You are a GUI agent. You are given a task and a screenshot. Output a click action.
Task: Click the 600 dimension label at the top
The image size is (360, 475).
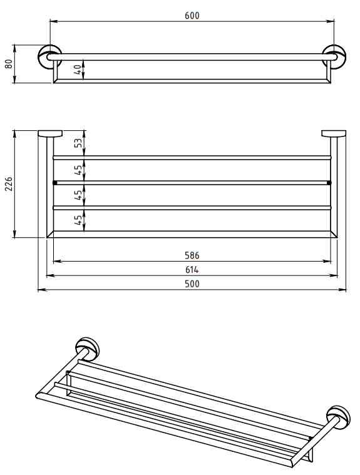pyautogui.click(x=192, y=15)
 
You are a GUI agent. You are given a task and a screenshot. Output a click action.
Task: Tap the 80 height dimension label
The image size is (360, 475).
pyautogui.click(x=9, y=64)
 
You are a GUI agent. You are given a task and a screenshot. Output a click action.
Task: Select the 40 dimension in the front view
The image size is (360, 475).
pyautogui.click(x=77, y=69)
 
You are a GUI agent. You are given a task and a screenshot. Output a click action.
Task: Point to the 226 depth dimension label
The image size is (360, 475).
pyautogui.click(x=9, y=184)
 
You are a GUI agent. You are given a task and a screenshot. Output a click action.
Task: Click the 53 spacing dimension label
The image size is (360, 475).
pyautogui.click(x=78, y=143)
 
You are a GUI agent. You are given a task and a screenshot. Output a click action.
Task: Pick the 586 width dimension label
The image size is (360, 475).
pyautogui.click(x=192, y=255)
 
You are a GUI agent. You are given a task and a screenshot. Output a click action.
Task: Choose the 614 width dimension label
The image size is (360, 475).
pyautogui.click(x=192, y=270)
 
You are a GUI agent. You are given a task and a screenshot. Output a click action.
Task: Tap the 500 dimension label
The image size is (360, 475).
pyautogui.click(x=192, y=284)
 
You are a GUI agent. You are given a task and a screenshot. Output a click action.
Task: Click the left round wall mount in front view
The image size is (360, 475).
pyautogui.click(x=49, y=57)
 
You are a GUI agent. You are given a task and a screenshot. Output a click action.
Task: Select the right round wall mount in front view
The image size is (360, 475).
pyautogui.click(x=334, y=57)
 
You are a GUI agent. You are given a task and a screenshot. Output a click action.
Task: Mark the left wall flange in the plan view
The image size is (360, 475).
pyautogui.click(x=50, y=133)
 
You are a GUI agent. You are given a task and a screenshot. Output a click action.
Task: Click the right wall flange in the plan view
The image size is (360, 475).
pyautogui.click(x=334, y=133)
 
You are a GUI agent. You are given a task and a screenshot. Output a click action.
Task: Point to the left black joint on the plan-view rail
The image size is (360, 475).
pyautogui.click(x=55, y=183)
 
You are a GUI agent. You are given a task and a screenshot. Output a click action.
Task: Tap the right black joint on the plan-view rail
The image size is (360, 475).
pyautogui.click(x=329, y=183)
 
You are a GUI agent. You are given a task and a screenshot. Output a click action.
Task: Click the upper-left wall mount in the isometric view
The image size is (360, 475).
pyautogui.click(x=87, y=349)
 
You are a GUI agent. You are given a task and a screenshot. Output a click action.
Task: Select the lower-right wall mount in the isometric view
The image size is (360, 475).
pyautogui.click(x=339, y=418)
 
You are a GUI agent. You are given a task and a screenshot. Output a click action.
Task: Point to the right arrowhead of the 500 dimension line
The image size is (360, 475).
pyautogui.click(x=342, y=290)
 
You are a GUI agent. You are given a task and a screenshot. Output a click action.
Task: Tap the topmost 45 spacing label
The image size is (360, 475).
pyautogui.click(x=78, y=170)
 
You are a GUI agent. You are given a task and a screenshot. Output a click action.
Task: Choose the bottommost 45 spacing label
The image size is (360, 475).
pyautogui.click(x=78, y=220)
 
